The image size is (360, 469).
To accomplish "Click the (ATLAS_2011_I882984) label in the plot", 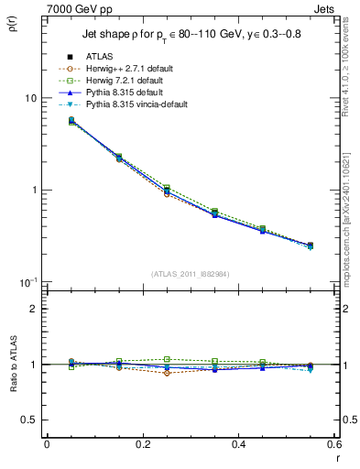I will click(x=191, y=274).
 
